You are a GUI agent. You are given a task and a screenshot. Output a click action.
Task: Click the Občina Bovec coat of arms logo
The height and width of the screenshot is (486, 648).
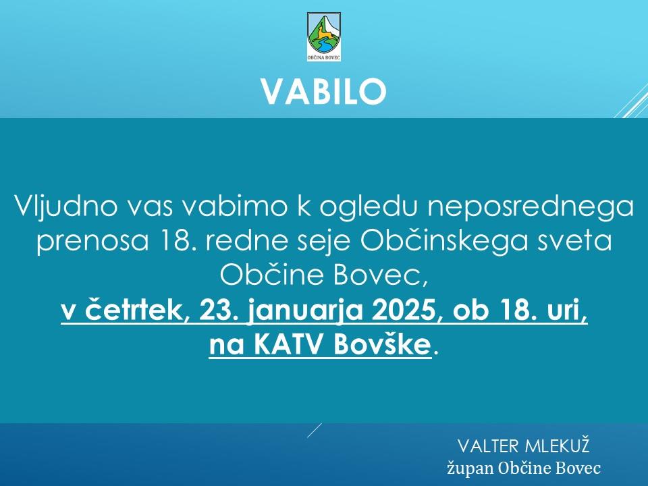click(x=324, y=36)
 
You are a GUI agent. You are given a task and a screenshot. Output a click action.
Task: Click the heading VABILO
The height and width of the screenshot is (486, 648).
click(x=324, y=91)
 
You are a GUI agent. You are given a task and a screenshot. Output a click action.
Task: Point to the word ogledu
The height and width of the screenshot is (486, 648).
click(x=369, y=207)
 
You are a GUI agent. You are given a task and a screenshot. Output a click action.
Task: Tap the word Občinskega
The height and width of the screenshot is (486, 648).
click(x=444, y=242)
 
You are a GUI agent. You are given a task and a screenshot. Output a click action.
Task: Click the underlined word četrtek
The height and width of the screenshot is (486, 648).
click(x=134, y=310)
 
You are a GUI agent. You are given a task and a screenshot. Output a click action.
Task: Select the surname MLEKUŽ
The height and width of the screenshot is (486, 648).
click(x=556, y=446)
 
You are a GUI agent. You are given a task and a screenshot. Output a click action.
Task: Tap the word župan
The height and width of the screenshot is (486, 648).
click(x=470, y=468)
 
